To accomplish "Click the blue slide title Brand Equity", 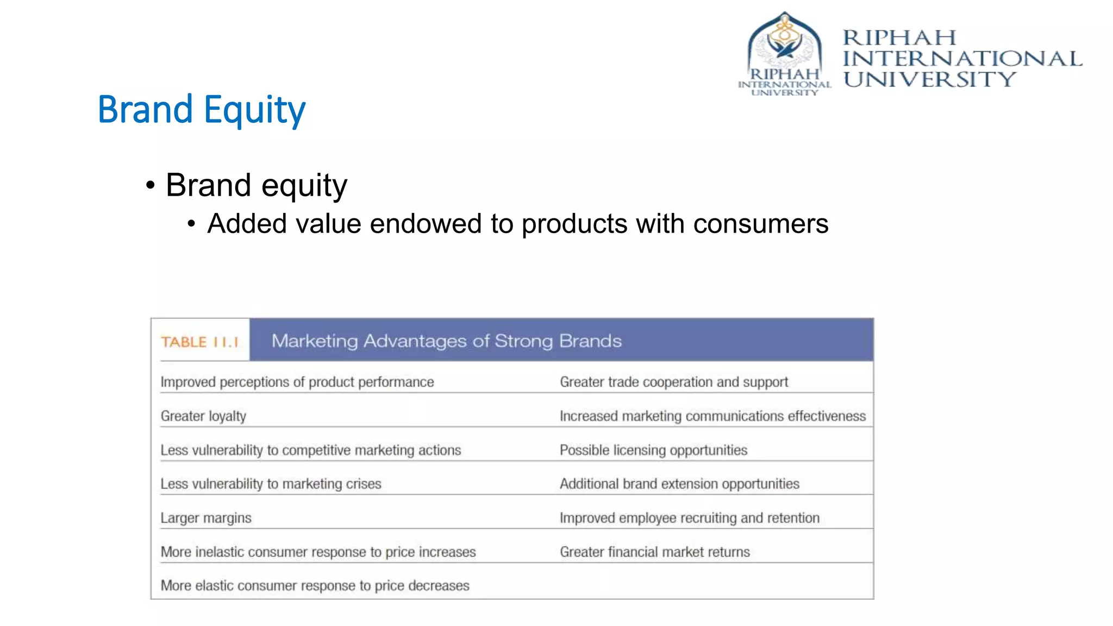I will coord(202,109).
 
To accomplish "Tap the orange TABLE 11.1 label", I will coord(199,342).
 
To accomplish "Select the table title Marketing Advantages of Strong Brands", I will coord(446,341).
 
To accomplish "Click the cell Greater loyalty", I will coord(203,416).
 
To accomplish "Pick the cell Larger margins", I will coord(206,518).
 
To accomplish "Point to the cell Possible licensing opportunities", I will coord(653,450).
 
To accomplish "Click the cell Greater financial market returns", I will coord(654,552).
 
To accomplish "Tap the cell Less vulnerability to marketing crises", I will coord(271,484).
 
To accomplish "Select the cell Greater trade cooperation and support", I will coord(673,382).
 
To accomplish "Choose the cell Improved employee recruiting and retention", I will coord(689,518).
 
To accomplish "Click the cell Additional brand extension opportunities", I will coord(679,484).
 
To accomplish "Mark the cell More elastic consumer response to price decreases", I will coord(315,586).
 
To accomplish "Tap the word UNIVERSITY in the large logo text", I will coord(929,80).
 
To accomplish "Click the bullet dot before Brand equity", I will coord(151,185).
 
